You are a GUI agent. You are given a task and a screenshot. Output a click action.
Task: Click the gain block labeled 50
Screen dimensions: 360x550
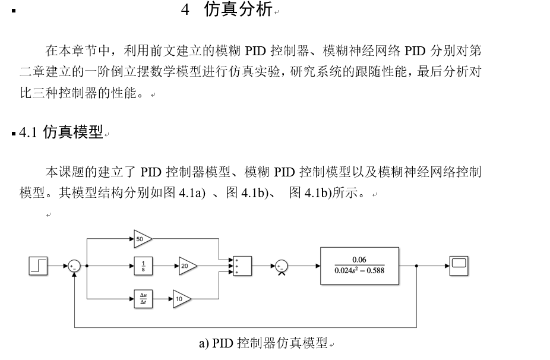(x=142, y=239)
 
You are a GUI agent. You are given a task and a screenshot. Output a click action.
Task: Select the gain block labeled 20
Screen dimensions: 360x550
(x=187, y=266)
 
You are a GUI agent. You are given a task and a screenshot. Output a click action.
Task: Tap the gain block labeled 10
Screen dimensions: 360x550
(x=181, y=299)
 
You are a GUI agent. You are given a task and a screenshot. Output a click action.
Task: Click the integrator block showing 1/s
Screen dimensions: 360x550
(x=143, y=266)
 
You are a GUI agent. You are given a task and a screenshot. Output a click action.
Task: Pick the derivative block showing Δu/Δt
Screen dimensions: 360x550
(x=143, y=299)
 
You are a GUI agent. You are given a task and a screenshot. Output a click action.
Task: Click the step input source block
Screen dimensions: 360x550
(x=38, y=266)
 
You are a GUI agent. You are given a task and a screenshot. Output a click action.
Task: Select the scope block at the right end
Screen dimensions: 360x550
(x=459, y=266)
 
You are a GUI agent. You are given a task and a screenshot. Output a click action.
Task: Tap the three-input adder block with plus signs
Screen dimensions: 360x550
(x=242, y=266)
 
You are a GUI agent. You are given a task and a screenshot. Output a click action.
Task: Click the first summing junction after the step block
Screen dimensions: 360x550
(x=74, y=266)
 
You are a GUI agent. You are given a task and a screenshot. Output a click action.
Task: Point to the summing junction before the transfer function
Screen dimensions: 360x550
(x=282, y=266)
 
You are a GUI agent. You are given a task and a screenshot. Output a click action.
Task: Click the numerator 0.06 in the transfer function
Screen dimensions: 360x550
(x=359, y=260)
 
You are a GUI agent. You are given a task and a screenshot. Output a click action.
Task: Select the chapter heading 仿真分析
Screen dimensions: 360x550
(x=238, y=10)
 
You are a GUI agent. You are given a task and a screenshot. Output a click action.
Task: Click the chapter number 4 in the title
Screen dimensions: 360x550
(x=185, y=10)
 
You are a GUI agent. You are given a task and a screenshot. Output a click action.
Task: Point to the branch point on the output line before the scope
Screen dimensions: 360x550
(x=416, y=266)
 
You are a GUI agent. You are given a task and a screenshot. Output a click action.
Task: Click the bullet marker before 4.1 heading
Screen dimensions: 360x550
(x=14, y=134)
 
